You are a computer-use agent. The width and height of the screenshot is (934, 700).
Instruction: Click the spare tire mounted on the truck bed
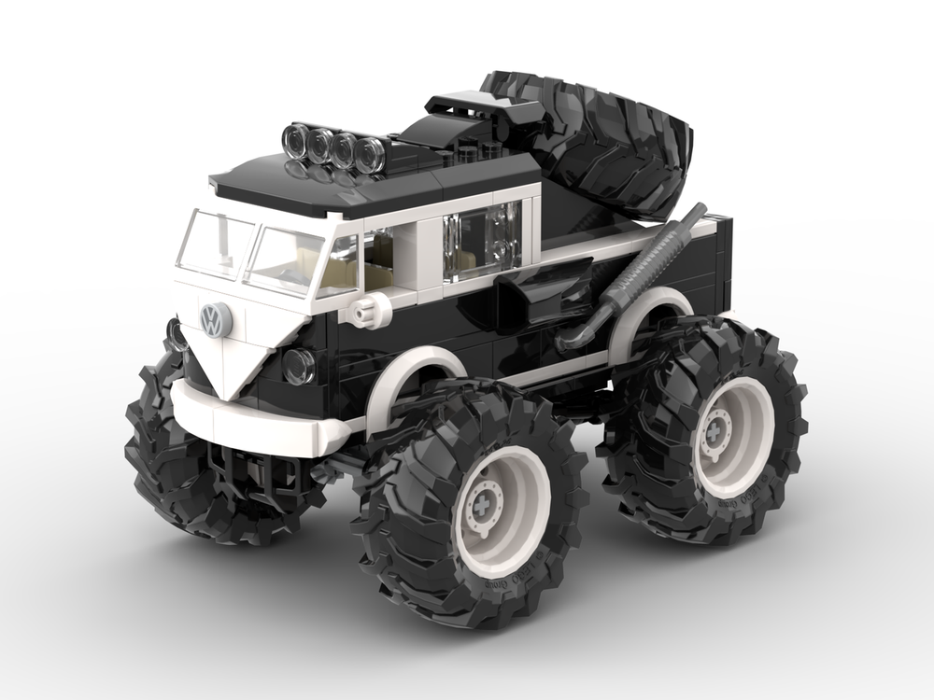pyautogui.click(x=598, y=140)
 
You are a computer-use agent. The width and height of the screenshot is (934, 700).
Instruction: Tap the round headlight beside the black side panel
pyautogui.click(x=298, y=366)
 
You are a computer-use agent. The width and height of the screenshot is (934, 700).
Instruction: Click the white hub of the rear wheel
pyautogui.click(x=733, y=435)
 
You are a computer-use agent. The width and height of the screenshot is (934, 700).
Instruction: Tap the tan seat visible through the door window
pyautogui.click(x=378, y=275)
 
